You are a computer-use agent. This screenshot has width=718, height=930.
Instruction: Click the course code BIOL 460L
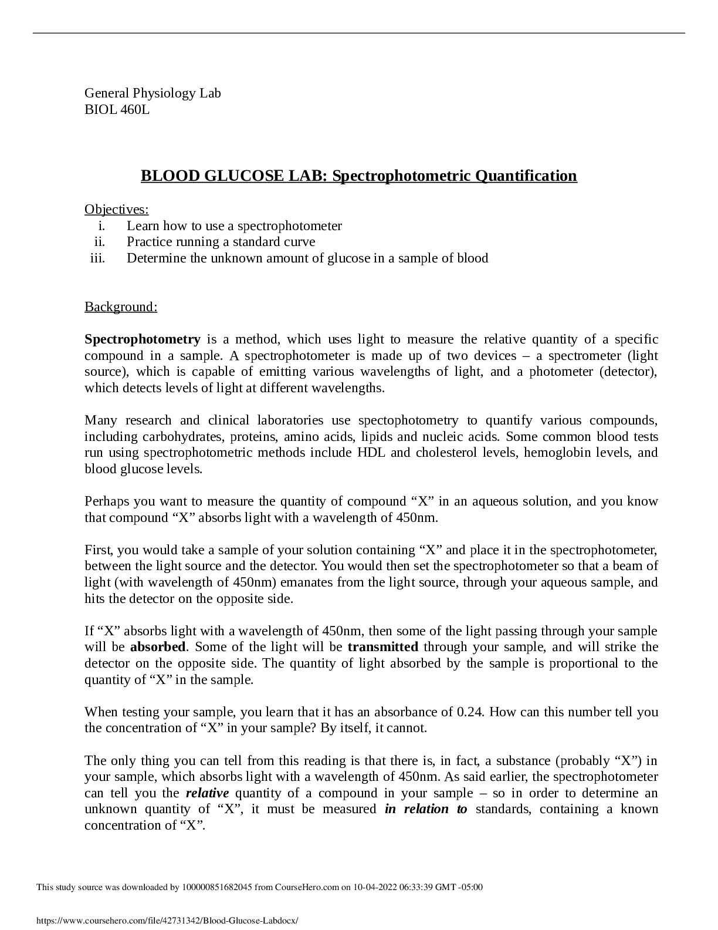click(x=117, y=109)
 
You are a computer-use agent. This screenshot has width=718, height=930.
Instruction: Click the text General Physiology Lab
click(x=153, y=93)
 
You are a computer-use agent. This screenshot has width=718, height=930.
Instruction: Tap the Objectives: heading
click(x=116, y=209)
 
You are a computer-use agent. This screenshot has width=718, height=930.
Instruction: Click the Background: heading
click(x=121, y=306)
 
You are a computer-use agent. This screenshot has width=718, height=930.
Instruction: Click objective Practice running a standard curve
click(x=221, y=242)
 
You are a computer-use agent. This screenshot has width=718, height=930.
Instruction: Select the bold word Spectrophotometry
click(x=143, y=339)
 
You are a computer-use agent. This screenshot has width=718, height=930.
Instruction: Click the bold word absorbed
click(x=158, y=647)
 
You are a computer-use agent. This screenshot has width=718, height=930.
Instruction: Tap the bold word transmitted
click(x=382, y=647)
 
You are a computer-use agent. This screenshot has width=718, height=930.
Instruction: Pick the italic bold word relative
click(x=207, y=793)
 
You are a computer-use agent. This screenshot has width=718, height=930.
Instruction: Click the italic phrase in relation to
click(x=426, y=809)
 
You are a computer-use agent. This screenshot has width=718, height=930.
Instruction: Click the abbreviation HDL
click(x=371, y=453)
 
